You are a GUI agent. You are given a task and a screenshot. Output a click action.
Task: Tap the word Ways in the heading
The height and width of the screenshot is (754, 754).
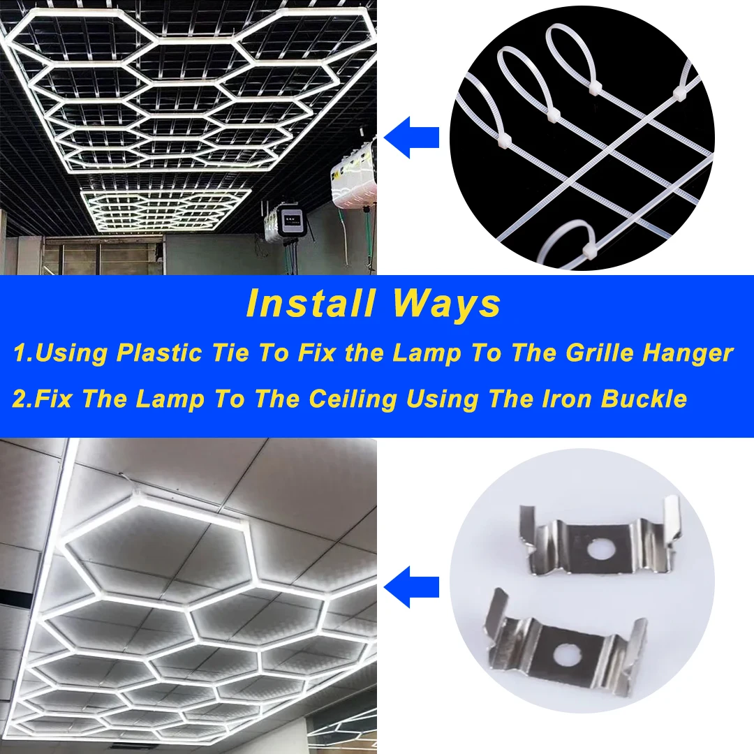pyautogui.click(x=447, y=304)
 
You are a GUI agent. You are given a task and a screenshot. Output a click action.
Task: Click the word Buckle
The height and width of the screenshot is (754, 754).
pyautogui.click(x=644, y=399)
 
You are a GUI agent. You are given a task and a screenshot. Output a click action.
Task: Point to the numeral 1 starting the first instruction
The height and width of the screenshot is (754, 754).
pyautogui.click(x=19, y=353)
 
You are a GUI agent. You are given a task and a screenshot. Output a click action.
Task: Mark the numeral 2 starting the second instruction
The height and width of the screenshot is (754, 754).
pyautogui.click(x=19, y=399)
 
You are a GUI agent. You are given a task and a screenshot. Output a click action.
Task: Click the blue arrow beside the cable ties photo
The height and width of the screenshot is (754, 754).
pyautogui.click(x=412, y=137)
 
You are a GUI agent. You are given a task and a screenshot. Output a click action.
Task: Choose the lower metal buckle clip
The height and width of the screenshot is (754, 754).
pyautogui.click(x=565, y=646)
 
